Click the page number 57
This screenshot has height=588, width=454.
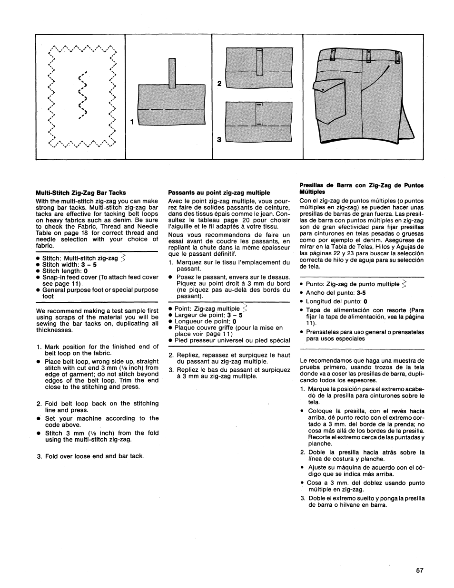[x=420, y=570]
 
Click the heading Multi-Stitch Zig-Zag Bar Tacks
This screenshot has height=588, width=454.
[x=81, y=193]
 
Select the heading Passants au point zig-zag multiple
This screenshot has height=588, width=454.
[x=219, y=193]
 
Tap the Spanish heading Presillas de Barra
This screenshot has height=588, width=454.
[x=361, y=188]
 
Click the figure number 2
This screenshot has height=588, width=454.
[x=219, y=83]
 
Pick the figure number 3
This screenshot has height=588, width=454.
[x=219, y=140]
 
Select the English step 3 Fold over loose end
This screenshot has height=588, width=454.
[x=94, y=456]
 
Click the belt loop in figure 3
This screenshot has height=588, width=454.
[x=258, y=114]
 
